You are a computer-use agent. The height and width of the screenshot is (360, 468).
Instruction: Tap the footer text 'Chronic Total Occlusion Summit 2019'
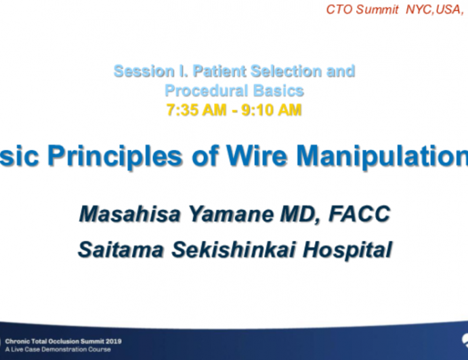pyautogui.click(x=63, y=342)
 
